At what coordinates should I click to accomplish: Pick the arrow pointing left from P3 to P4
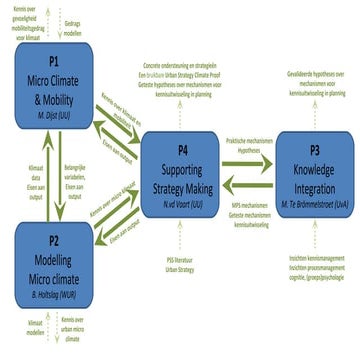(x=250, y=181)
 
